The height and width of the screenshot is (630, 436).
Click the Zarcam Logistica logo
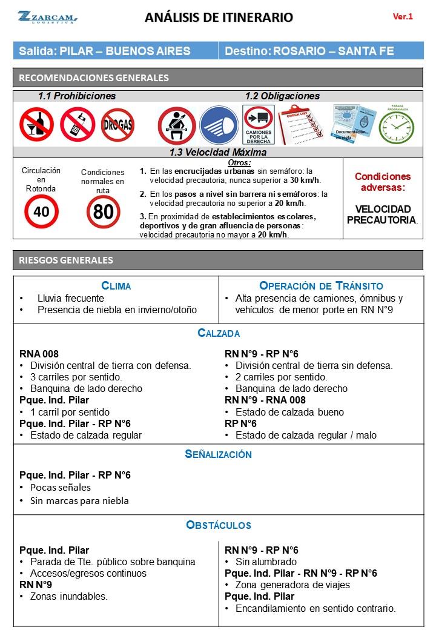pos(46,17)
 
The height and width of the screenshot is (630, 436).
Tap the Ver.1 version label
pos(403,17)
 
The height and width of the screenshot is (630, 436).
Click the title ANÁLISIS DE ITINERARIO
pos(219,18)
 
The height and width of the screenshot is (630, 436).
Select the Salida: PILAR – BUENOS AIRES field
pos(105,51)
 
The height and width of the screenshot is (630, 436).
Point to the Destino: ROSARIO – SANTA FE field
pos(309,51)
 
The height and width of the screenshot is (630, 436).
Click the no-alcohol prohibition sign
pos(36,124)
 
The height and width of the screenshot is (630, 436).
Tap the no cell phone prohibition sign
pos(77,124)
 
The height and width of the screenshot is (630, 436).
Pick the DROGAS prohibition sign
pos(117,125)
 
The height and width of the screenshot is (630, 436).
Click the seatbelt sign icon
pos(176,125)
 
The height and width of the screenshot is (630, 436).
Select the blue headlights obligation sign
pos(219,125)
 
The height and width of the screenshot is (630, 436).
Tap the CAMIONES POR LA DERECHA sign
pos(259,124)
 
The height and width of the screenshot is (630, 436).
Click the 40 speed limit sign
pos(41,211)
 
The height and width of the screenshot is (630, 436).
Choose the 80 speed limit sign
pos(103,212)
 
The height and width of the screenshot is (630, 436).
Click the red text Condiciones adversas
pos(382,182)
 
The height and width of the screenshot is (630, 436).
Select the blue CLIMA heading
pos(116,286)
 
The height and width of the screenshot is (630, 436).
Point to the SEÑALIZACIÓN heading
pos(218,454)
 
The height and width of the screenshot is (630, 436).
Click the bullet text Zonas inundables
pos(69,597)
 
